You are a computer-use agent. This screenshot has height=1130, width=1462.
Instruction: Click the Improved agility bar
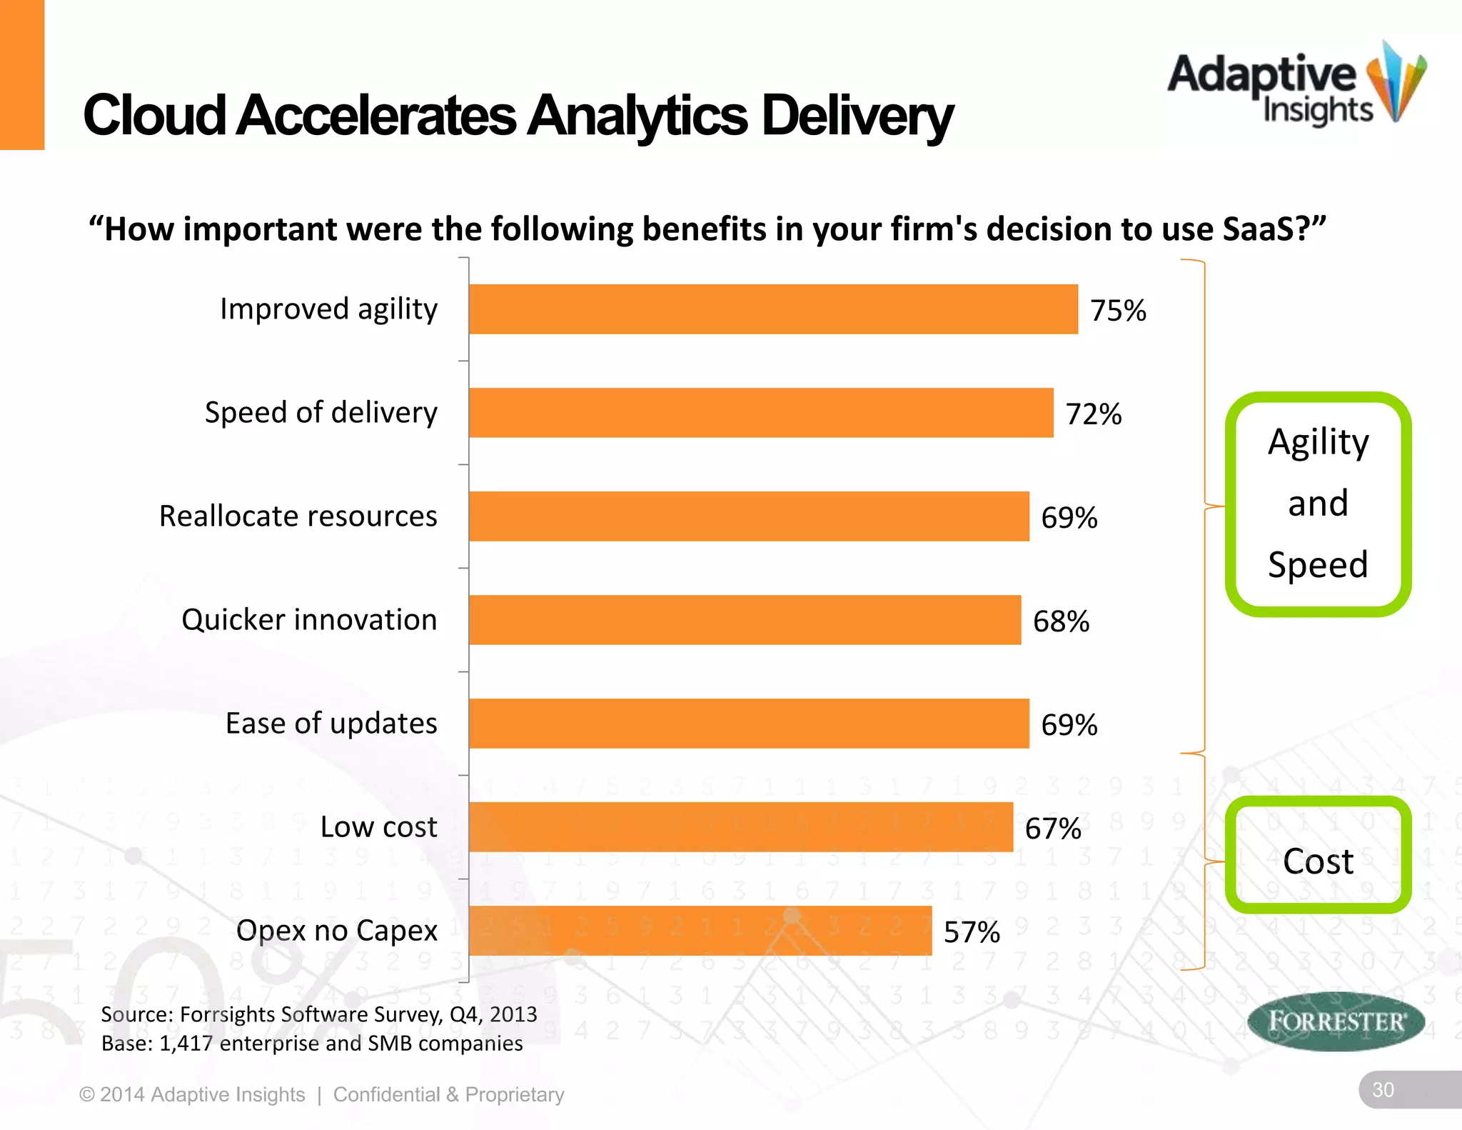tap(773, 309)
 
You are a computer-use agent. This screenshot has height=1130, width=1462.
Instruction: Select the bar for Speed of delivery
tap(761, 413)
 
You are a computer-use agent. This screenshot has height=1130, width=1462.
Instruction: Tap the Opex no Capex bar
tap(700, 931)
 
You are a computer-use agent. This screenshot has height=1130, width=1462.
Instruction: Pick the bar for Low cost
tap(741, 827)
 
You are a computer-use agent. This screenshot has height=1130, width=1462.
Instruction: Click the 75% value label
tap(1118, 311)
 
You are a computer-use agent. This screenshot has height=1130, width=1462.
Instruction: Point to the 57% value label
tap(972, 932)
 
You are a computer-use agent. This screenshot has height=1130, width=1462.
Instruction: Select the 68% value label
tap(1061, 621)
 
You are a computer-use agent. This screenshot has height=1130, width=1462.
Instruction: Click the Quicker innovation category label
tap(309, 619)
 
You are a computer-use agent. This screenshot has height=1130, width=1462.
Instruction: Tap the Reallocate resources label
tap(298, 516)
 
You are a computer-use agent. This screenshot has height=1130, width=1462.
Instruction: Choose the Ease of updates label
tap(331, 723)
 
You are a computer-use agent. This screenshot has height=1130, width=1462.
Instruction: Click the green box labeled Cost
tap(1318, 855)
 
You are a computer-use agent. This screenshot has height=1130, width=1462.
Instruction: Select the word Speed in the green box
tap(1318, 564)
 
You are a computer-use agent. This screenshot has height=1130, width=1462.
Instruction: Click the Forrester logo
tap(1336, 1021)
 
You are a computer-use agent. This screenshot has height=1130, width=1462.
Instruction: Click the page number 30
tap(1383, 1089)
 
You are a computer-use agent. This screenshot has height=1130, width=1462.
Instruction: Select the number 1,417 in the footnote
tap(186, 1044)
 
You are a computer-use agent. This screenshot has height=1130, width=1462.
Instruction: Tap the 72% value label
tap(1094, 414)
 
